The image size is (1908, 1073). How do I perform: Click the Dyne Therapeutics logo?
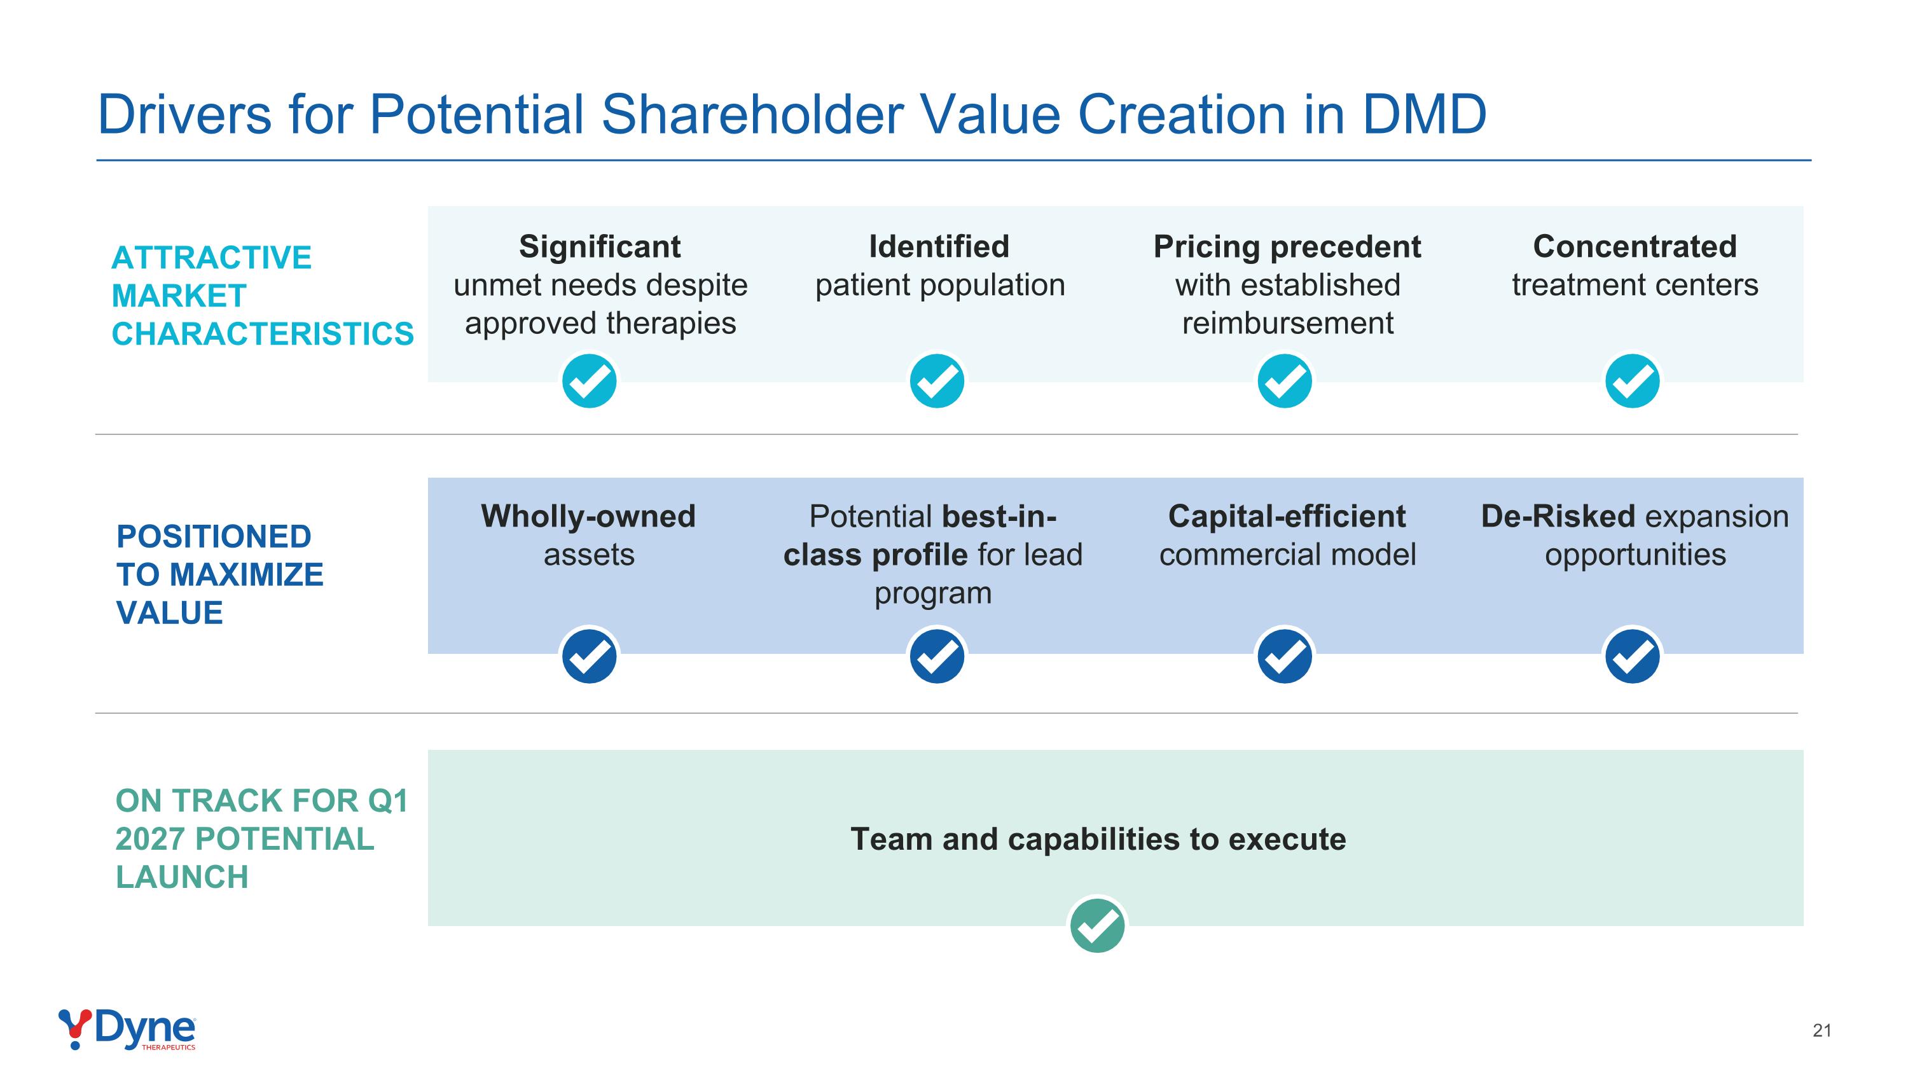[127, 1028]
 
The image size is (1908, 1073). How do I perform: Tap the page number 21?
[1822, 1030]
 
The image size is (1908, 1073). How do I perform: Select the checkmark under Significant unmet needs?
[589, 382]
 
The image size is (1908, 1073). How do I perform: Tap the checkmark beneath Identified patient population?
[937, 382]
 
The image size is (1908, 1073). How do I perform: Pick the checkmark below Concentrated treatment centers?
[1632, 382]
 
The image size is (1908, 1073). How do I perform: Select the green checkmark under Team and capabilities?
[1097, 925]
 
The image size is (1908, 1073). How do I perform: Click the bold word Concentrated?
[1635, 247]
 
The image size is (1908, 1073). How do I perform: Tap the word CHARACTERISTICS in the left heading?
[262, 334]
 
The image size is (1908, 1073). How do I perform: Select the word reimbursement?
[1287, 324]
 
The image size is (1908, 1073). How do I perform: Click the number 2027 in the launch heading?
[150, 839]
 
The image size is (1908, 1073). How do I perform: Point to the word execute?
[1287, 840]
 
